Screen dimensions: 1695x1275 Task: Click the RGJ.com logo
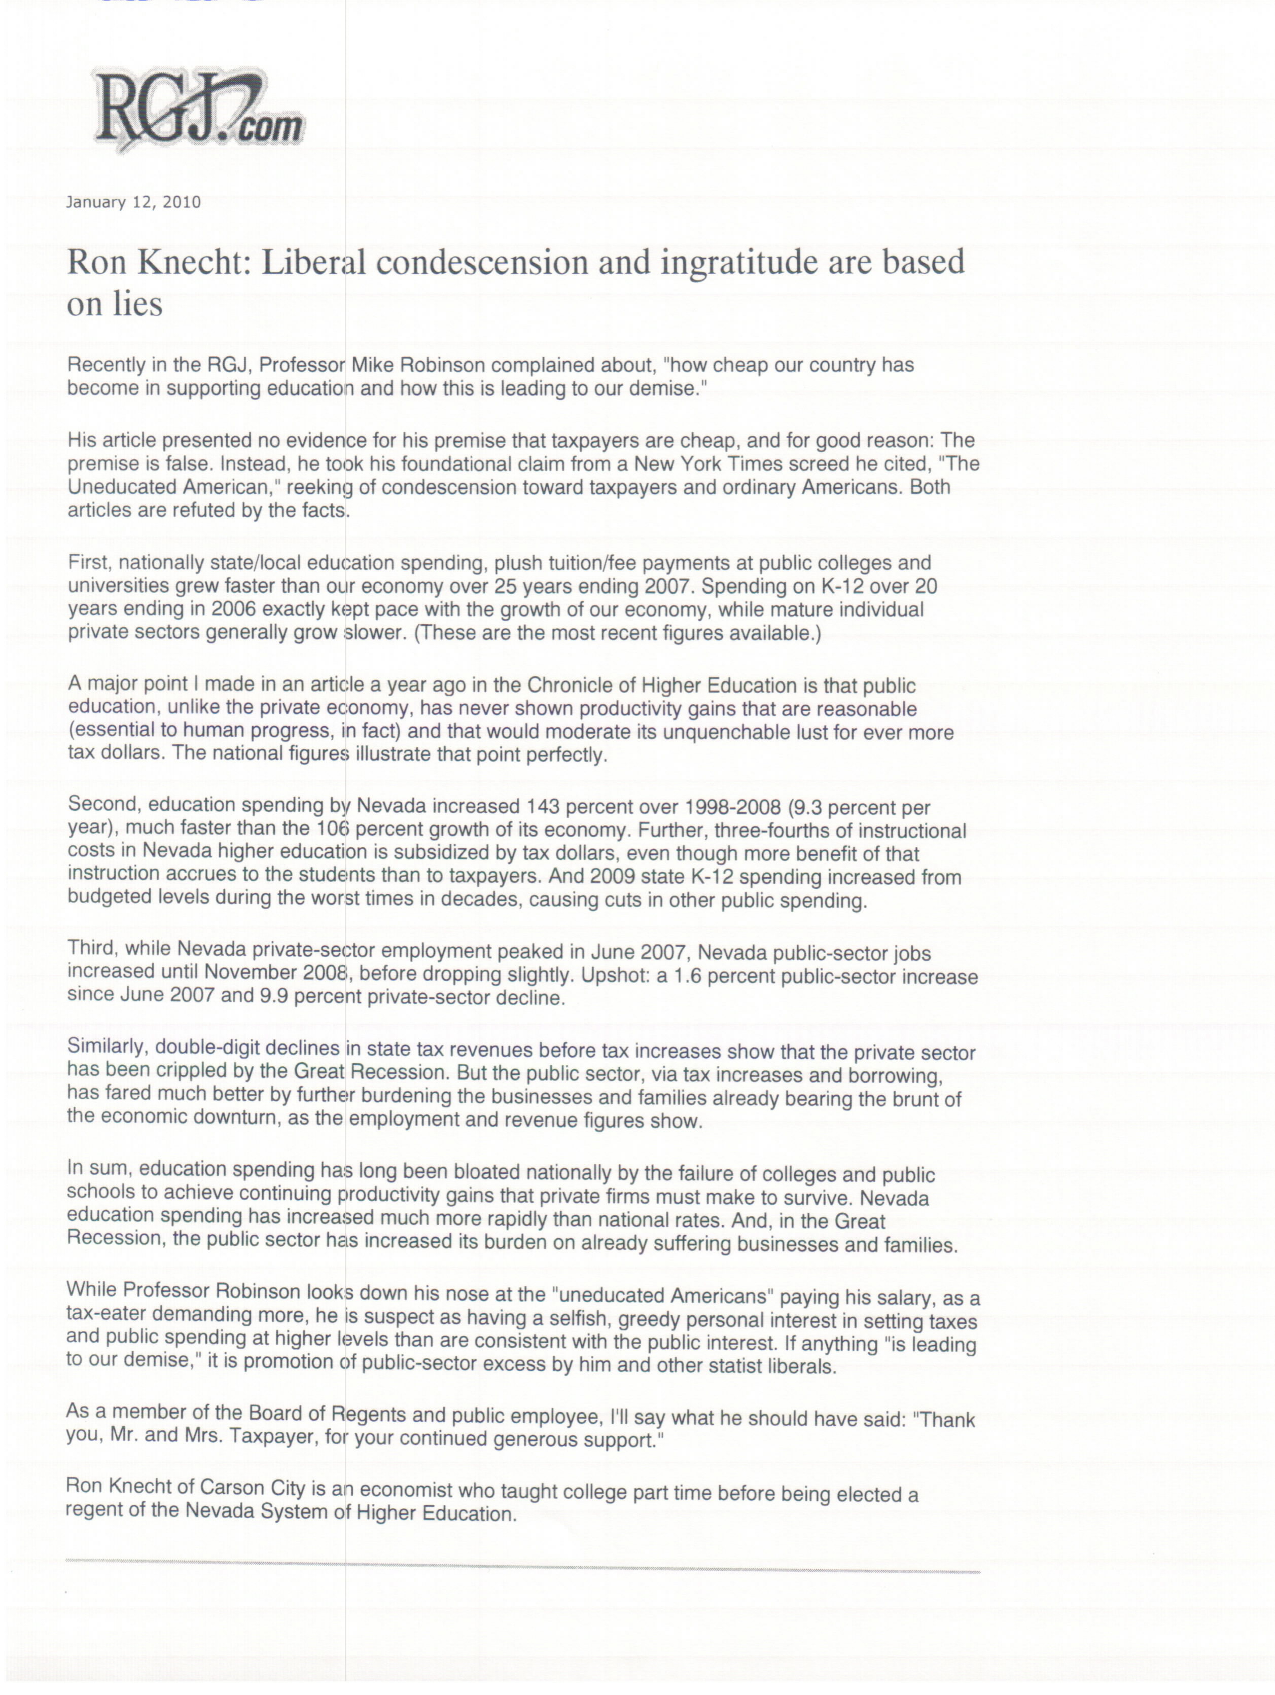[198, 114]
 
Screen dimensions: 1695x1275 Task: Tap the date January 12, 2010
[133, 202]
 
